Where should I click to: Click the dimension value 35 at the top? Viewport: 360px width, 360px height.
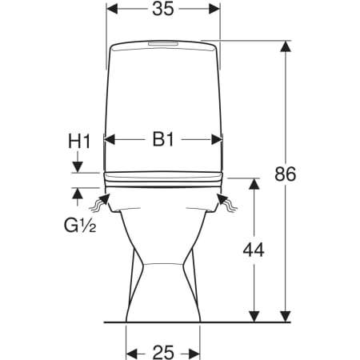point(163,9)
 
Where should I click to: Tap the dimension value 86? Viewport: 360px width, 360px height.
point(286,174)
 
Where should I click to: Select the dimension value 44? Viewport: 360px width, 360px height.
point(254,250)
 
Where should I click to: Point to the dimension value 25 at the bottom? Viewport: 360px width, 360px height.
point(163,352)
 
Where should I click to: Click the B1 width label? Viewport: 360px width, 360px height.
point(163,139)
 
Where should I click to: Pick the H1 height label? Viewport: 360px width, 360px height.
point(79,141)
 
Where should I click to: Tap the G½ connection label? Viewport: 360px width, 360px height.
point(80,226)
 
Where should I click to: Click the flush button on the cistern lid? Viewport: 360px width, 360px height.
point(162,43)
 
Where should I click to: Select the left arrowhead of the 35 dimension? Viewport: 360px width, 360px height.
point(112,9)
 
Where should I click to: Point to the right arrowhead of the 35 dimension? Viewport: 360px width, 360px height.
point(214,9)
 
